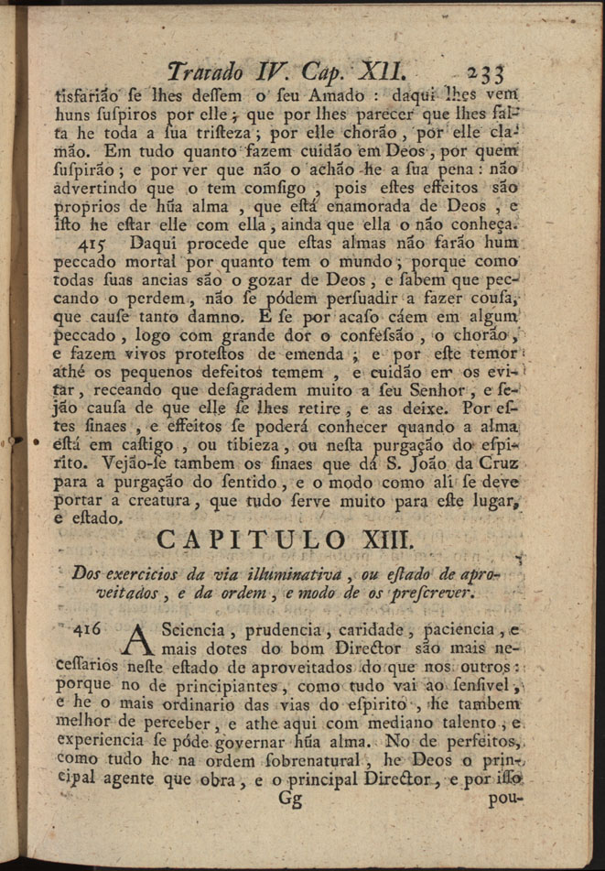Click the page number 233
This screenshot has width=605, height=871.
(486, 73)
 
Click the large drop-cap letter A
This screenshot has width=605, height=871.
(140, 640)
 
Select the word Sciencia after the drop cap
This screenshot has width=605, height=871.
(190, 631)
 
